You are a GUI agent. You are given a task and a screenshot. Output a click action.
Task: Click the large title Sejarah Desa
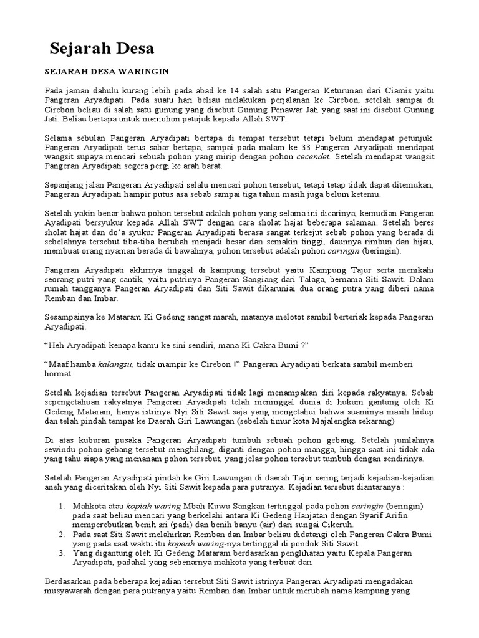[102, 48]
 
